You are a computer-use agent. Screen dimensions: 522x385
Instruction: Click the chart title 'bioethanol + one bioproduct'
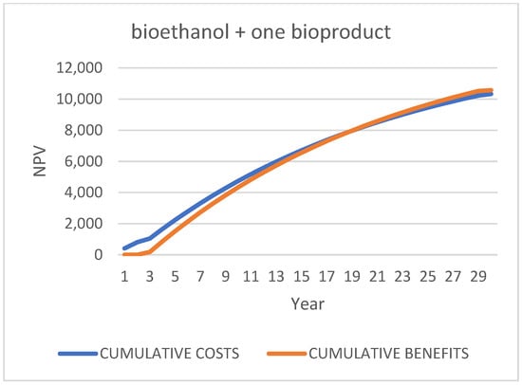click(261, 32)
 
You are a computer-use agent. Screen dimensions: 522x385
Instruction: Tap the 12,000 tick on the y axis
click(79, 68)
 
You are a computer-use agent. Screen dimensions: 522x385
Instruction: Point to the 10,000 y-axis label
click(79, 99)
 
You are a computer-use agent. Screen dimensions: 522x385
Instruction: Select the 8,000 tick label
click(84, 130)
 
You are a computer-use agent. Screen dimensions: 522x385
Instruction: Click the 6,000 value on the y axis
click(84, 161)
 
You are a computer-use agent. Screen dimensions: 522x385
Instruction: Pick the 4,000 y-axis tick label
click(84, 192)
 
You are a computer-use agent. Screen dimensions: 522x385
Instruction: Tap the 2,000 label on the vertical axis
click(84, 224)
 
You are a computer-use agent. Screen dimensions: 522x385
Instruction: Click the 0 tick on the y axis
click(98, 255)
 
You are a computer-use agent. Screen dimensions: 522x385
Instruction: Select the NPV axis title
click(40, 161)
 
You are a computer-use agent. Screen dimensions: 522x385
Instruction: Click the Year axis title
click(308, 303)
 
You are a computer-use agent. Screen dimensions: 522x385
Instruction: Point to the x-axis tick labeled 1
click(124, 277)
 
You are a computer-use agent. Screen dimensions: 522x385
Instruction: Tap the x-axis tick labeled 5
click(176, 277)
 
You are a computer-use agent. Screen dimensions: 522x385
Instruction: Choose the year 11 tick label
click(251, 277)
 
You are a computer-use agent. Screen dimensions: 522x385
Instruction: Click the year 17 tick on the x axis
click(326, 277)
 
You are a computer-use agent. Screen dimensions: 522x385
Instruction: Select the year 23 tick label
click(402, 277)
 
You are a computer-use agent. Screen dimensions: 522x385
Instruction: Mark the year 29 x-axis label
click(478, 277)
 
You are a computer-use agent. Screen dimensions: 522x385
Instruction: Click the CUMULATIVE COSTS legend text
click(170, 354)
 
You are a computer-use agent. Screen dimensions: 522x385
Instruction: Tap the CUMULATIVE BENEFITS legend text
click(389, 354)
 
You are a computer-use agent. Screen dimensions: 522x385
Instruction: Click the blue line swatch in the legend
click(78, 354)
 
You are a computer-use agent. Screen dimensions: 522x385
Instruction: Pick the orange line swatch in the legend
click(287, 354)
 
